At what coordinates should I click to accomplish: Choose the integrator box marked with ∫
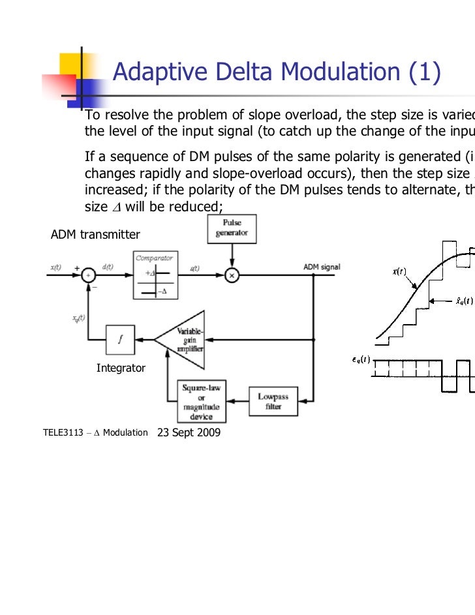[x=120, y=338]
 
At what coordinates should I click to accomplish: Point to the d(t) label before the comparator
[x=109, y=267]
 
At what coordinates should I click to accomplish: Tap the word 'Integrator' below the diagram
[x=121, y=368]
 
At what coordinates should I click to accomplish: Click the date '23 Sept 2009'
[x=189, y=432]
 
